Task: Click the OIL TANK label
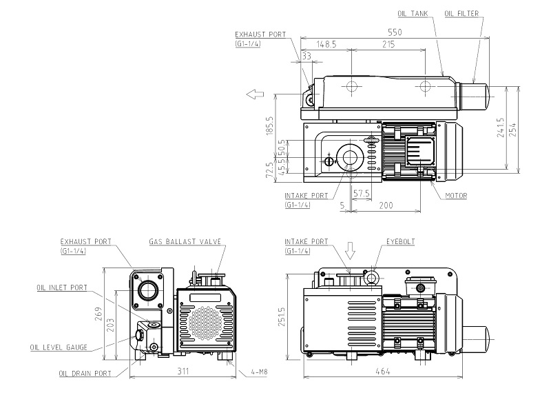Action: [x=413, y=13]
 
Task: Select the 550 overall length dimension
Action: [x=394, y=32]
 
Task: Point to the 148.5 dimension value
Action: [x=326, y=44]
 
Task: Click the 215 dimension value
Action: [x=388, y=44]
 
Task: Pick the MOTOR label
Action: [x=456, y=196]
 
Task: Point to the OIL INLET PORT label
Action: [x=63, y=288]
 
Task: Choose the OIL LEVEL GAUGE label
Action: [x=59, y=347]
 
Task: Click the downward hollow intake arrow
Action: [x=350, y=251]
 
